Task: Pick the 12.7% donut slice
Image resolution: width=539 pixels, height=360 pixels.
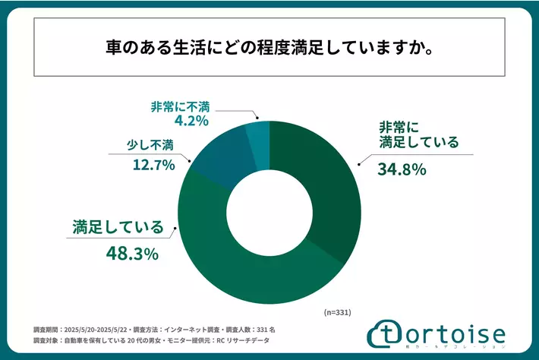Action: (219, 156)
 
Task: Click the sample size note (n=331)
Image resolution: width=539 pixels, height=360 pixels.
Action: (335, 312)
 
